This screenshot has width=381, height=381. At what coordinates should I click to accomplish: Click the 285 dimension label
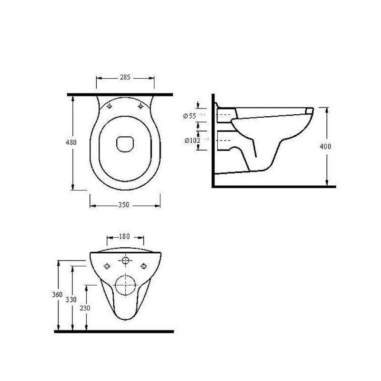[125, 77]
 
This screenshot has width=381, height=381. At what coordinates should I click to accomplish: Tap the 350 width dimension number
[123, 205]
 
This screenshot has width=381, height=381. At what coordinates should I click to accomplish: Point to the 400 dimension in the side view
[326, 146]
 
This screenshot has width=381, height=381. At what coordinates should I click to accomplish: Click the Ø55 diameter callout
[190, 115]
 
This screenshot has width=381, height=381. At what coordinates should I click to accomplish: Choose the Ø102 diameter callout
[192, 140]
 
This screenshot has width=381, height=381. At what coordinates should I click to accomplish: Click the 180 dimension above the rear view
[124, 237]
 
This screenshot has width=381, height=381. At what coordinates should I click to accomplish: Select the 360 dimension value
[57, 295]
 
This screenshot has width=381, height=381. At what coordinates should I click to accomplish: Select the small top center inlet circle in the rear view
[126, 261]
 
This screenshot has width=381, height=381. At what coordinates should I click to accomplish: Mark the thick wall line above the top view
[119, 95]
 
